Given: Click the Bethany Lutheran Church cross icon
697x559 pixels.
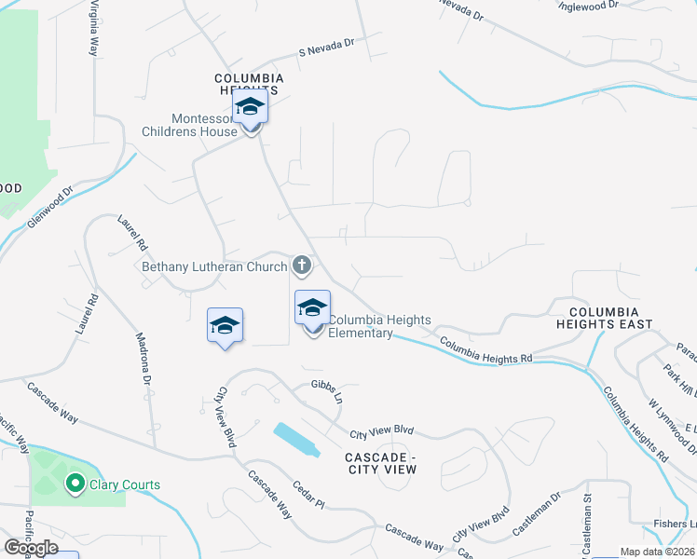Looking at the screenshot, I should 301,266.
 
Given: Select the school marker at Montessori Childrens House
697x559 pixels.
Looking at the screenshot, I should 250,108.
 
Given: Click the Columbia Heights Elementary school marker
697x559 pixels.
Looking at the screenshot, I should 313,308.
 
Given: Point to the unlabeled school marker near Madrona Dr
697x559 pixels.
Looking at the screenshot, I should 225,325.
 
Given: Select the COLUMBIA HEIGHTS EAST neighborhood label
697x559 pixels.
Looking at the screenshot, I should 604,318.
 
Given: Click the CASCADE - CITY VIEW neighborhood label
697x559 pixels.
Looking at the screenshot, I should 380,463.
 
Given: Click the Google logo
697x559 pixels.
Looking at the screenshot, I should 31,548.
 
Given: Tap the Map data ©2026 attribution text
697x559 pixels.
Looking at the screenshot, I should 656,552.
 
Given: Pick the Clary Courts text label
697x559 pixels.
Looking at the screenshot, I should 124,484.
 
